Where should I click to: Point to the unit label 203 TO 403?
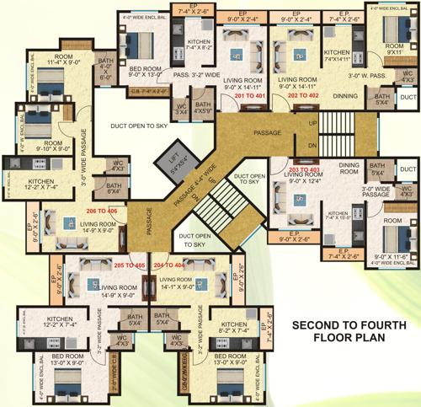pos(306,169)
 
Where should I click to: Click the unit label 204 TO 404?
pos(169,264)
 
